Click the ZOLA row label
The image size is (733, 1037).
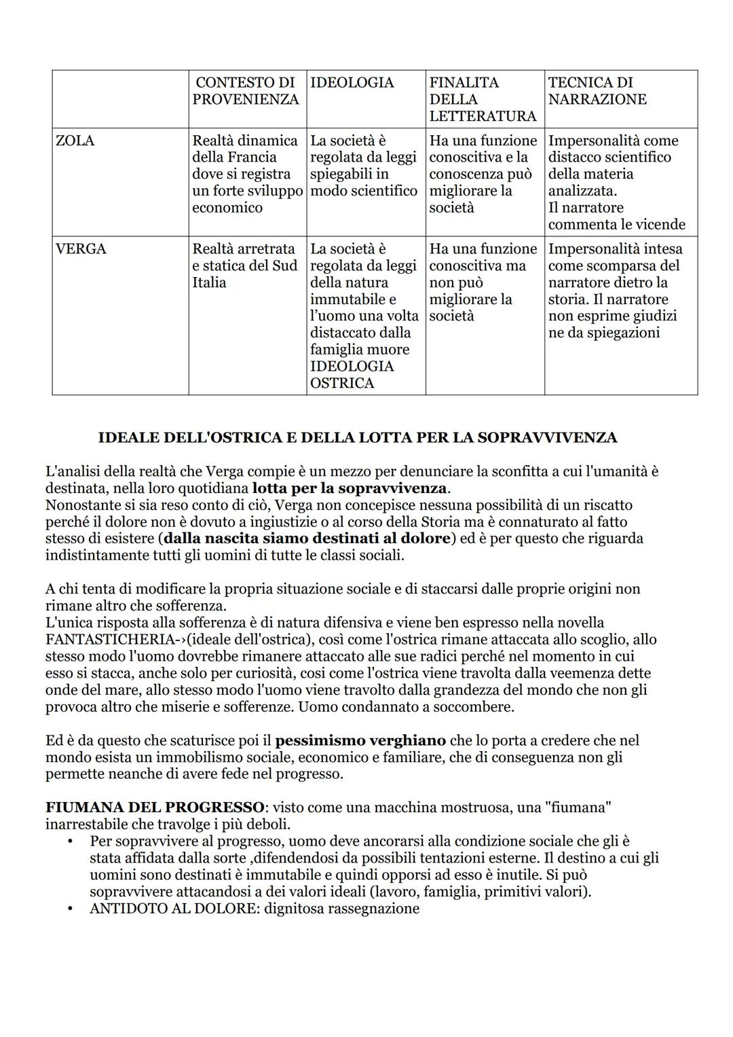[75, 141]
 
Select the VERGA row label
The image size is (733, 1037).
[81, 249]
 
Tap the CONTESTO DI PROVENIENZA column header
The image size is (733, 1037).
[246, 91]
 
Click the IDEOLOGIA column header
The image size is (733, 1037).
[352, 82]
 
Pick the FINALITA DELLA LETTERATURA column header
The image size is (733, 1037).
[482, 99]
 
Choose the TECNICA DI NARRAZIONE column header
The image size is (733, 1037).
[597, 91]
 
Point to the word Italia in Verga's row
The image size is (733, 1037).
[209, 283]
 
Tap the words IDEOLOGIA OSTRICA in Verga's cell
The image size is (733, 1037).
[351, 375]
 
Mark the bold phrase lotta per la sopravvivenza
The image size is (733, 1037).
[350, 488]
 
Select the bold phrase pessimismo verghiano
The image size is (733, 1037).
[360, 740]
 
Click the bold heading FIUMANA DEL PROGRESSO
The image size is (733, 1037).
[155, 807]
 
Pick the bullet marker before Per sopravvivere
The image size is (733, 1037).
[70, 841]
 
